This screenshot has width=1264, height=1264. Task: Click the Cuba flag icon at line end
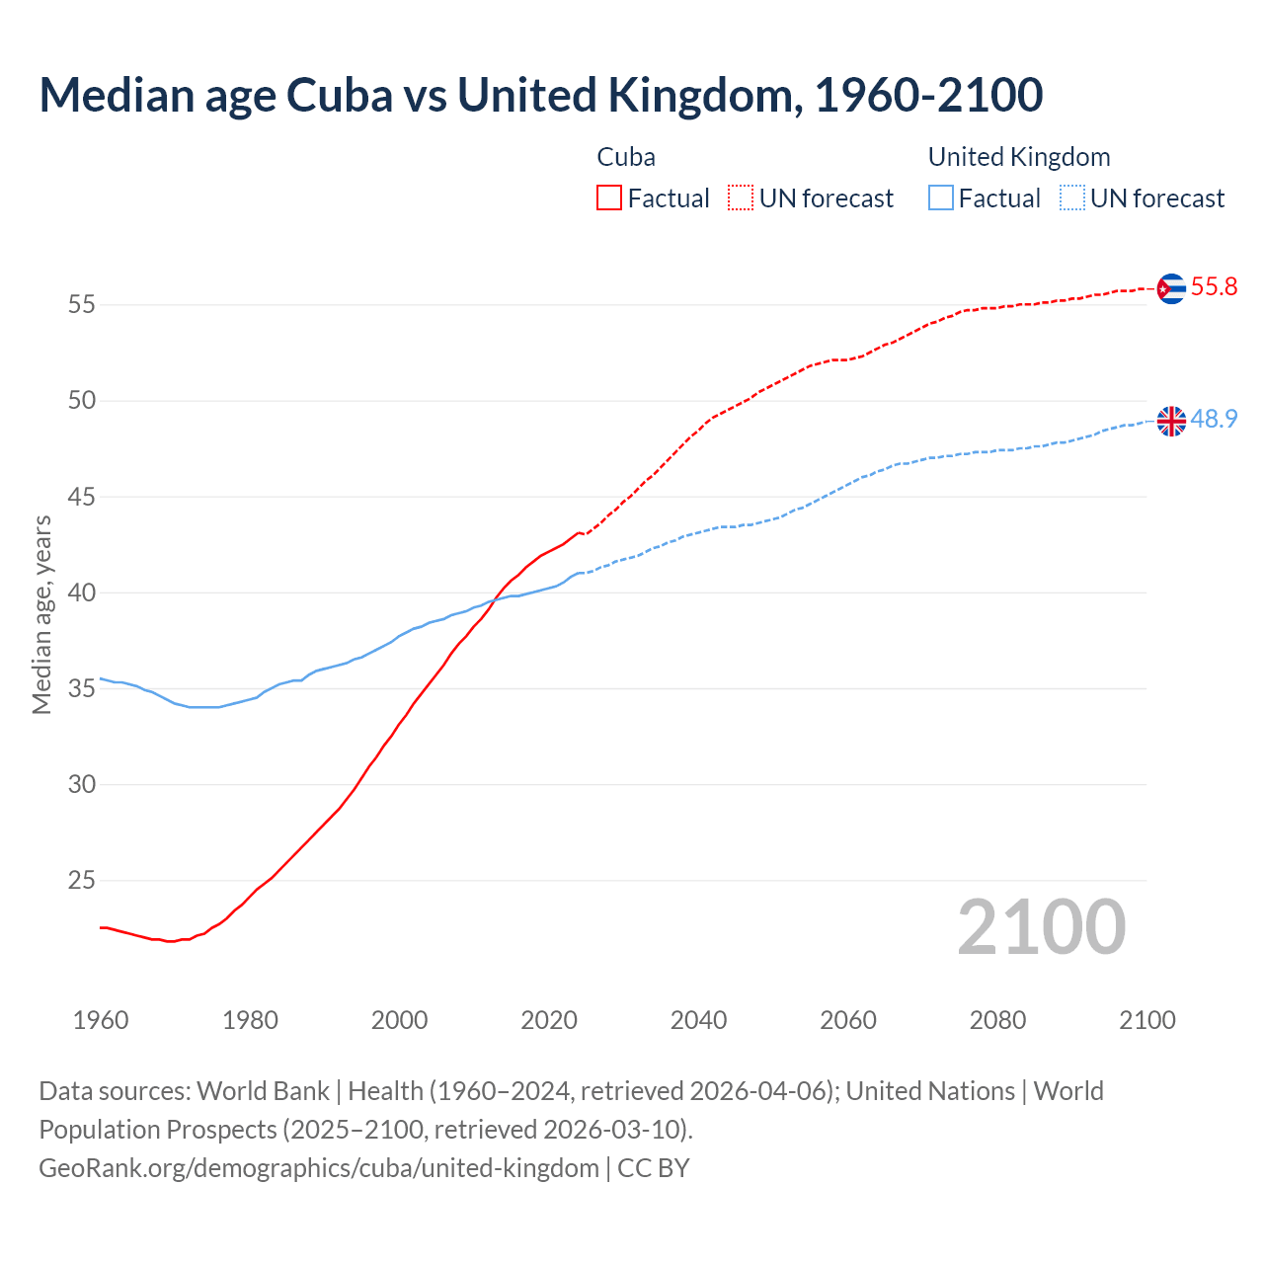(x=1170, y=288)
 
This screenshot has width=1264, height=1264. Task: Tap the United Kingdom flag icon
(x=1170, y=421)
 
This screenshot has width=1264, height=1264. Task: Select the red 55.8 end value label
(x=1214, y=287)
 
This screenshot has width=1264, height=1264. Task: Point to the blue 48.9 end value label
(x=1214, y=420)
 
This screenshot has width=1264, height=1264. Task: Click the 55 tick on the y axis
(x=81, y=305)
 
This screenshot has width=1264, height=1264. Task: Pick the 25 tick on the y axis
(x=81, y=881)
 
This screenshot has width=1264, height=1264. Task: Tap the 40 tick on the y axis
(x=81, y=593)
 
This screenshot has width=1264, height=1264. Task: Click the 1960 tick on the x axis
(x=101, y=1020)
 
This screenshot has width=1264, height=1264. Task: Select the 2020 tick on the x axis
(x=549, y=1020)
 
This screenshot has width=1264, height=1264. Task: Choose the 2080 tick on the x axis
(x=997, y=1020)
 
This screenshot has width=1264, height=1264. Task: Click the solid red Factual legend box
(x=609, y=198)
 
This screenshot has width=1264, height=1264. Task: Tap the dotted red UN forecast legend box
(x=741, y=198)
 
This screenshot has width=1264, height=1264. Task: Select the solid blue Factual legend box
(x=941, y=198)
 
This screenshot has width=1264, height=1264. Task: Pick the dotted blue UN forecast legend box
(x=1071, y=198)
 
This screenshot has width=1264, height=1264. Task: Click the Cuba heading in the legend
(x=626, y=157)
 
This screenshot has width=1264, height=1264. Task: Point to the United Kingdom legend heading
(x=1019, y=157)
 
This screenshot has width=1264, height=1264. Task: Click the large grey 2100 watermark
(x=1041, y=927)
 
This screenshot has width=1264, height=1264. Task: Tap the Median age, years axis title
(x=41, y=614)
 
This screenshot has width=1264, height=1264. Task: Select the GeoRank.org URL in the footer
(x=318, y=1167)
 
